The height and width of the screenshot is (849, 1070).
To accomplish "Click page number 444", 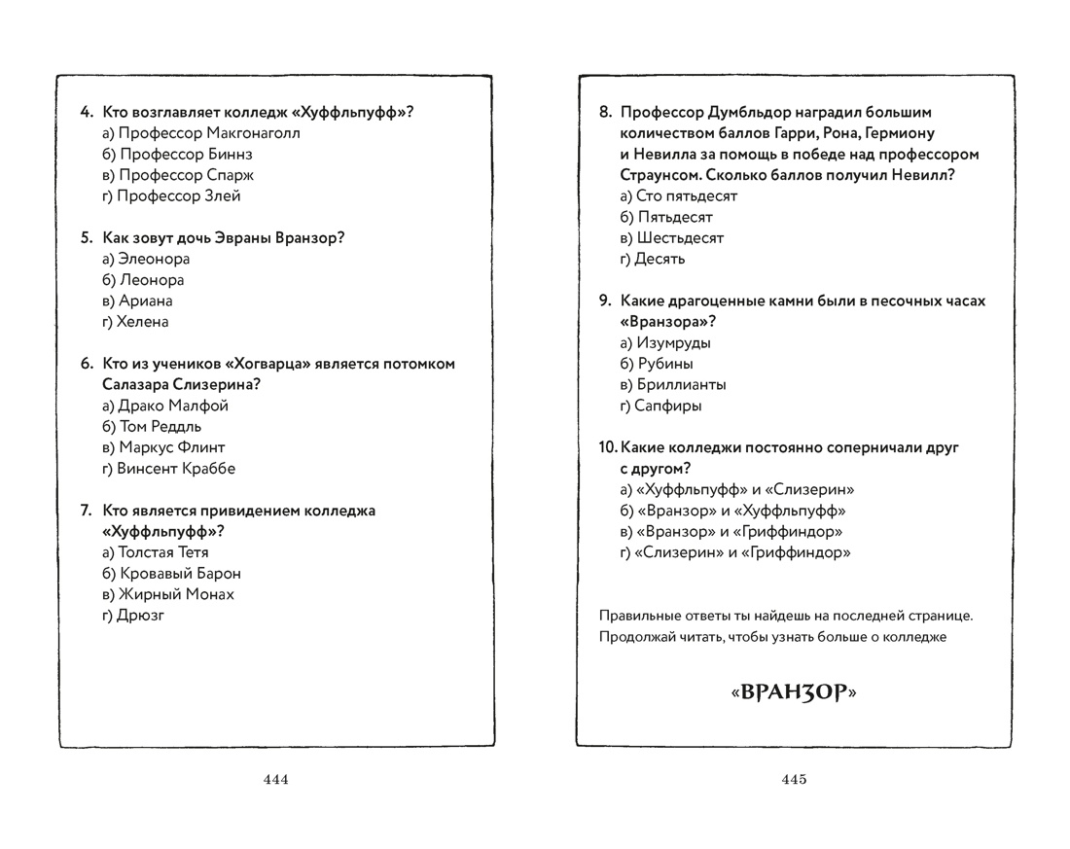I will tap(276, 779).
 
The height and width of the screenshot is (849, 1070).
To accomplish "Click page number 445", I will tap(794, 779).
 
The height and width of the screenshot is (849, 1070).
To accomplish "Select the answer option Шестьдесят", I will tap(671, 238).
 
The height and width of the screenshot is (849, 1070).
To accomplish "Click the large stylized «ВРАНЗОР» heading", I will tap(794, 693).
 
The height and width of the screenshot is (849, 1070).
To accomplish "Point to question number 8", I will tap(605, 113).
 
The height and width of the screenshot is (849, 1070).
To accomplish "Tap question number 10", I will tap(607, 448).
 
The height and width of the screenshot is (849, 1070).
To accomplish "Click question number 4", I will tap(86, 113).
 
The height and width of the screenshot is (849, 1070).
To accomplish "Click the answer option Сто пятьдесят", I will tap(678, 196).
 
